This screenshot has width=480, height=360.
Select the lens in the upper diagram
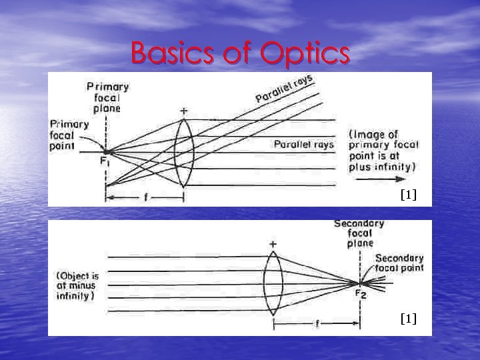coord(183,152)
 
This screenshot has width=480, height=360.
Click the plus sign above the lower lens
coord(273,245)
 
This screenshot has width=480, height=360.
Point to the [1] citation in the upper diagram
coord(408,195)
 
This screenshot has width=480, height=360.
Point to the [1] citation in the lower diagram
coord(408,319)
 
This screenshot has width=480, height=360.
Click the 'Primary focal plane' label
coord(107,97)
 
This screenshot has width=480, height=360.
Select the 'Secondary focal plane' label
coord(359,233)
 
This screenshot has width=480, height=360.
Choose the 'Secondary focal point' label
coord(399,263)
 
